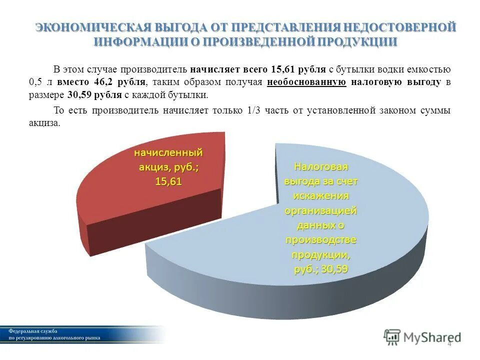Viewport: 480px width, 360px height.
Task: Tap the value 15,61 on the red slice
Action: coord(168,182)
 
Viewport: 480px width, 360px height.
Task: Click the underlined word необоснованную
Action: coord(306,82)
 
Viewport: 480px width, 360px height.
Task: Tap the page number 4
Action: coord(449,343)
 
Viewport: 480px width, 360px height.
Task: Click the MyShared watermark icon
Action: coord(392,336)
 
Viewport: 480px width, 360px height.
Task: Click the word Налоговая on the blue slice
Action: coord(320,166)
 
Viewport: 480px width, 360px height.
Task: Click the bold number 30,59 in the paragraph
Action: coord(78,95)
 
